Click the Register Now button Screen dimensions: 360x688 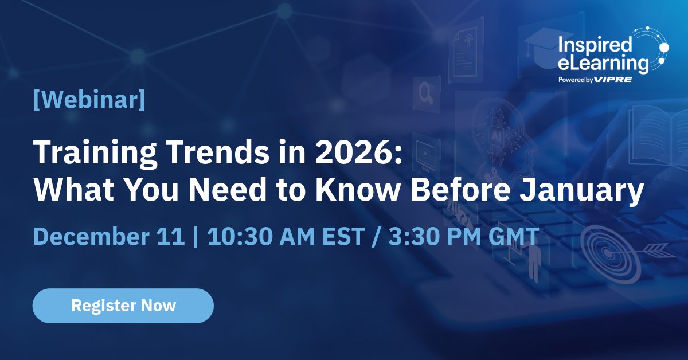[x=123, y=306]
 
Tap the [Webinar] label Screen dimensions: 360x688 [x=89, y=100]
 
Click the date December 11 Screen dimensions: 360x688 [x=108, y=236]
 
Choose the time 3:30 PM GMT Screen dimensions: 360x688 [x=464, y=236]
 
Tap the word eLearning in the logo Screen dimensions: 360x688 [x=603, y=62]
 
